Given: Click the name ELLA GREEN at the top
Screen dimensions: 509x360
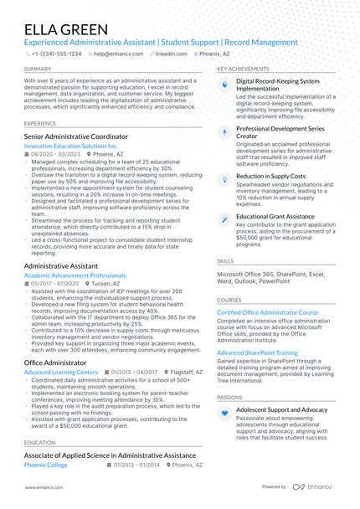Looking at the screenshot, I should [x=66, y=29].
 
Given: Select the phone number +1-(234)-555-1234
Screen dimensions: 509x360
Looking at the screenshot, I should [x=57, y=54].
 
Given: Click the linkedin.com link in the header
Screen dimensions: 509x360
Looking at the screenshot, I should [x=171, y=54].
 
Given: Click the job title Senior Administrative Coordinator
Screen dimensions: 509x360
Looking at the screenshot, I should [x=76, y=136].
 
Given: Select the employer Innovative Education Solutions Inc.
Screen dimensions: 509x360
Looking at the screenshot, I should [x=71, y=146].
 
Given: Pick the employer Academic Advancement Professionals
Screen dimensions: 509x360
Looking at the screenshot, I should [x=75, y=275].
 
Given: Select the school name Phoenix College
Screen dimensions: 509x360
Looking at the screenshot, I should [x=46, y=464].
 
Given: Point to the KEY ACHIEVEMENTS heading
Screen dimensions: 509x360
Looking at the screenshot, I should [x=243, y=69].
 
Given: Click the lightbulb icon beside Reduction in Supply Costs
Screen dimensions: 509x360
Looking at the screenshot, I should [x=224, y=178].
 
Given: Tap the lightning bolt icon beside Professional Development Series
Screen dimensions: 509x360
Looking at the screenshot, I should [x=224, y=132].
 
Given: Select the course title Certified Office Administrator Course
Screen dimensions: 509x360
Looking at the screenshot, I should [x=268, y=311].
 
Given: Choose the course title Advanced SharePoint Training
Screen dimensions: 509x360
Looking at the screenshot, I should [x=257, y=352].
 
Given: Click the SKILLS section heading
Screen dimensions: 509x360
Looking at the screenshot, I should [x=225, y=260].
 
